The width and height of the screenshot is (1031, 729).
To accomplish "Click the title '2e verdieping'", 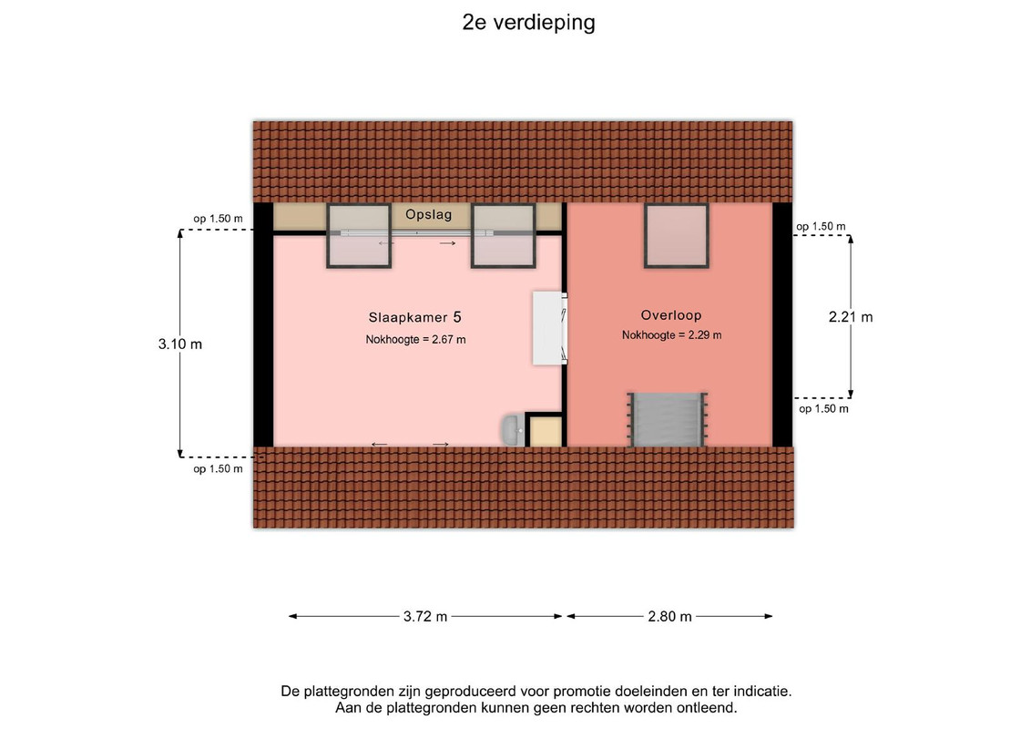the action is [x=528, y=23].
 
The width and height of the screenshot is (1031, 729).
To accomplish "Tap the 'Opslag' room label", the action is [x=428, y=214].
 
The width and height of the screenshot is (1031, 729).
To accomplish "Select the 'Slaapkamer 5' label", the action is [x=415, y=317].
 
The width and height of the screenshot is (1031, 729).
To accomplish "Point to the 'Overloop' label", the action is [x=671, y=315].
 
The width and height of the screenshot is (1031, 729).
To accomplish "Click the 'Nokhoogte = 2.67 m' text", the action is [x=415, y=340].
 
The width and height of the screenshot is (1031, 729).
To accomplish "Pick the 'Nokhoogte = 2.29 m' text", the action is [x=671, y=335].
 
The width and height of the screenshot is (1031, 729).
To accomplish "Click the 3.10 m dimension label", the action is [x=180, y=344].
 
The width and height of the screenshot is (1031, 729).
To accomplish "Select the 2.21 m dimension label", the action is [x=851, y=317].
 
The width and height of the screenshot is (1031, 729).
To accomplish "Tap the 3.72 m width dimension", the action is [x=425, y=617].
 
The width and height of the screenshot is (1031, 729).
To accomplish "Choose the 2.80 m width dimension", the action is [x=669, y=617].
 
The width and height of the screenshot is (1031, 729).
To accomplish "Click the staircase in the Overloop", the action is [x=668, y=420].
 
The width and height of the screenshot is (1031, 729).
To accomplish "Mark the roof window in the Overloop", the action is [x=676, y=235].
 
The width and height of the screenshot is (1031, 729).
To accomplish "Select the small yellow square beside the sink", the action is [x=545, y=431].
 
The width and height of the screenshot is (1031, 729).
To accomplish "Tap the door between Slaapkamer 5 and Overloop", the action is [x=550, y=328].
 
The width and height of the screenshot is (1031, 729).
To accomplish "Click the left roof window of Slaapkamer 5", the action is [x=359, y=235].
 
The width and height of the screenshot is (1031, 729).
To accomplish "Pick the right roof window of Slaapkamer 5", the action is [x=503, y=235].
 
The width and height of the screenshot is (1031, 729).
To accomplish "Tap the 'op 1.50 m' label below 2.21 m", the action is [x=823, y=409].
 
